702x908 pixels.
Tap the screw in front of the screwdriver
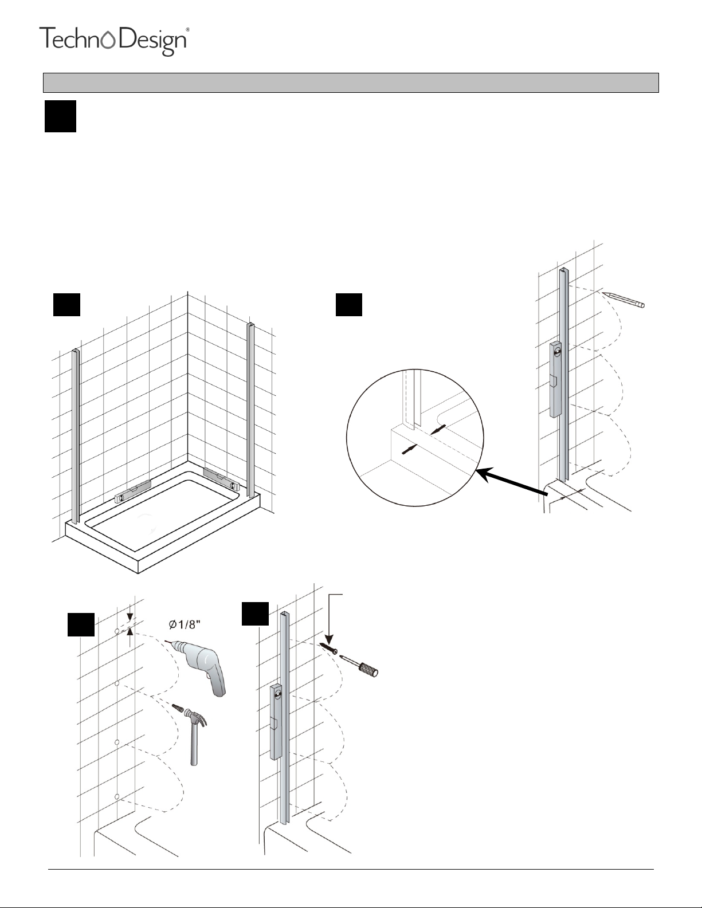click(x=329, y=648)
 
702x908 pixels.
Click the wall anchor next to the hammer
click(x=180, y=709)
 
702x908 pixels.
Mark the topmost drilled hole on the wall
click(x=117, y=631)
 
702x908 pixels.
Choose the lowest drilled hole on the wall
click(x=117, y=797)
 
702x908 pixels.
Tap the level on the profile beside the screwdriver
click(x=276, y=722)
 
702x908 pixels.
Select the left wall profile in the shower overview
click(x=76, y=435)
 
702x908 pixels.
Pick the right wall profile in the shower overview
click(x=250, y=410)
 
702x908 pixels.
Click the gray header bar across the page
click(x=351, y=82)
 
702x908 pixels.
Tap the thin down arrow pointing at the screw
click(x=330, y=619)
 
